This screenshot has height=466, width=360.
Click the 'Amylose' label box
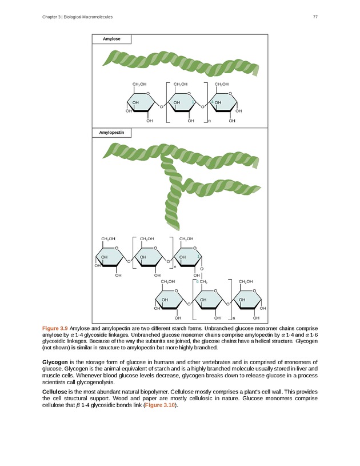[111, 39]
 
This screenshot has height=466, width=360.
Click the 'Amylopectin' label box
[111, 133]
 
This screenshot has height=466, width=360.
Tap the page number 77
[315, 17]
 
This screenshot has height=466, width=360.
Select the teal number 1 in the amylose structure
[194, 102]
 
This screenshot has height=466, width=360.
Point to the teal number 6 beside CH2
[197, 282]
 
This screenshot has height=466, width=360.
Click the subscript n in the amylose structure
[209, 121]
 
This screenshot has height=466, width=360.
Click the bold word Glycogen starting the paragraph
[55, 362]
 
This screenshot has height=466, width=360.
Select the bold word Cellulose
[56, 391]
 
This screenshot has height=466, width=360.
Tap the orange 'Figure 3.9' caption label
[55, 328]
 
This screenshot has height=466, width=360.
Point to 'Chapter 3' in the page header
[53, 17]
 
